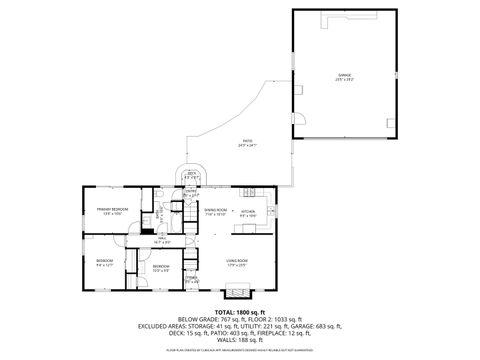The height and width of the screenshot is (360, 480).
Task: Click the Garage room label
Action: pyautogui.click(x=344, y=77)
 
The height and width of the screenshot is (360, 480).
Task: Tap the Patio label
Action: pyautogui.click(x=247, y=144)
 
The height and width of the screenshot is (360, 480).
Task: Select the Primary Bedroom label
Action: pyautogui.click(x=109, y=211)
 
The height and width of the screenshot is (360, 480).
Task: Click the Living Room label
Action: pyautogui.click(x=236, y=263)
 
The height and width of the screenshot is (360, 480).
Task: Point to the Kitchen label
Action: pyautogui.click(x=248, y=213)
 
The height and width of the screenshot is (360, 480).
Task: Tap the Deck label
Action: pyautogui.click(x=190, y=175)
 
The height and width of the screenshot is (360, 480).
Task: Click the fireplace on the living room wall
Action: pyautogui.click(x=235, y=293)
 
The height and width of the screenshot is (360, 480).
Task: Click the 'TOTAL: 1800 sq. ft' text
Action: pyautogui.click(x=239, y=313)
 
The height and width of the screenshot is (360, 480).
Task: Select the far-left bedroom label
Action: pyautogui.click(x=104, y=263)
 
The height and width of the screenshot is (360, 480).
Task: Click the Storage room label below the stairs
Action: pyautogui.click(x=190, y=280)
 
